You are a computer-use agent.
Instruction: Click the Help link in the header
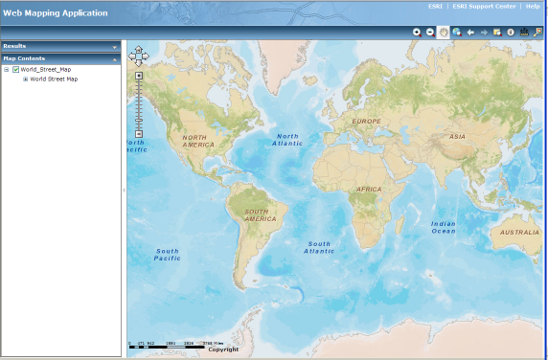tap(533, 7)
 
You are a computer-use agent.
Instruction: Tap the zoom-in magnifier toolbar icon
tap(417, 32)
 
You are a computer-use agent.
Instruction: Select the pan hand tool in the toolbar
tap(444, 32)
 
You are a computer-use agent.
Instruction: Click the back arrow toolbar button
tap(470, 32)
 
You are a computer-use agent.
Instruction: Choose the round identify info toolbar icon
tap(511, 32)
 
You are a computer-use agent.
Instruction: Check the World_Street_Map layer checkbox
tap(16, 69)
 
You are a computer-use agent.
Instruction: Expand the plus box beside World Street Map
tap(26, 79)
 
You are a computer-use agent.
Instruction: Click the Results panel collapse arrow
tap(115, 46)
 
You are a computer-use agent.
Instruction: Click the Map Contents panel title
tap(24, 58)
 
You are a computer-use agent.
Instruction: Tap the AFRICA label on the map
tap(369, 190)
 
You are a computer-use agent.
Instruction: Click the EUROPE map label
tap(366, 122)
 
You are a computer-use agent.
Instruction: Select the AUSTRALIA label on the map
tap(519, 232)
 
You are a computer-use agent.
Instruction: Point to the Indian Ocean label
tap(444, 227)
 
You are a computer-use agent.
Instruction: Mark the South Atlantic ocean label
tap(319, 247)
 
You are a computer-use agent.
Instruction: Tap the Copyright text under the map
tap(223, 349)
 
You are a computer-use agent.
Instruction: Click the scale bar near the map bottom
tap(177, 343)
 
